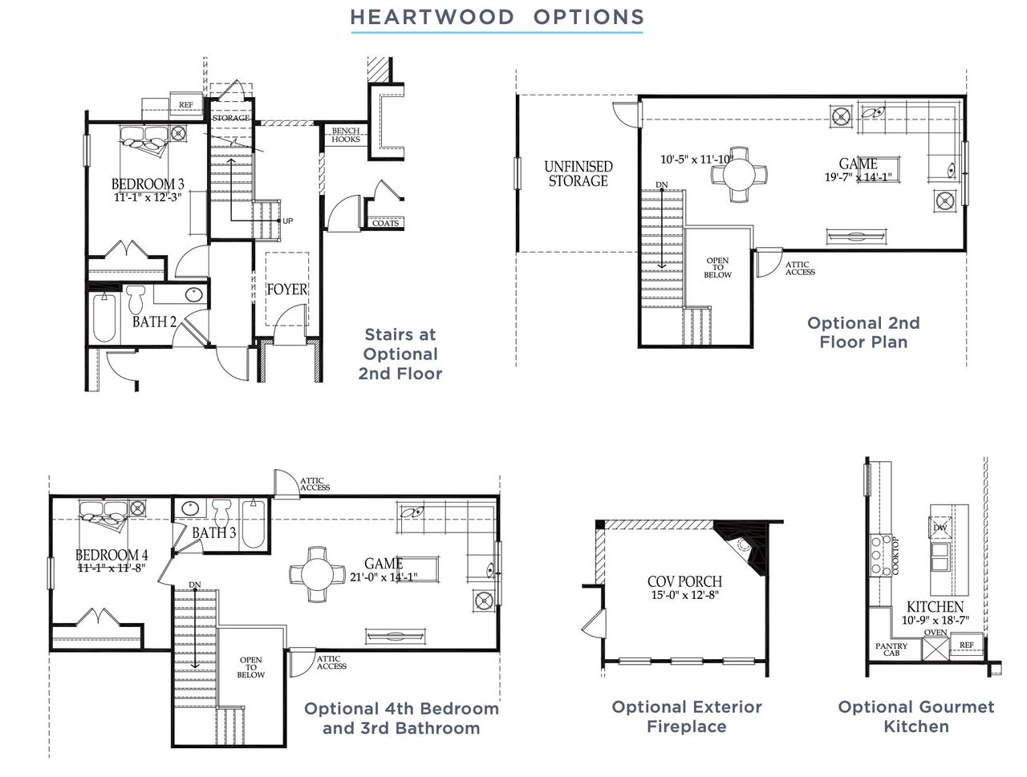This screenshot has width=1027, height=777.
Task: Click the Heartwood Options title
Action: (x=497, y=18)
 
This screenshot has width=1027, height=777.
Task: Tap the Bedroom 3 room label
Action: (x=148, y=184)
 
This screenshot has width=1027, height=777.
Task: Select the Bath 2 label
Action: (x=154, y=322)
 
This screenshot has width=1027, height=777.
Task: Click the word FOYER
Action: (x=287, y=289)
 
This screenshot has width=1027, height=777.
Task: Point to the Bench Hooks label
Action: (x=346, y=135)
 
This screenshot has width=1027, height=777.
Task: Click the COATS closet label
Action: (x=386, y=223)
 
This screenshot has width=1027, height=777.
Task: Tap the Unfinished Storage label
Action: (x=578, y=173)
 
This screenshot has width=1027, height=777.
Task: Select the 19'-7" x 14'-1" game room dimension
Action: (x=858, y=177)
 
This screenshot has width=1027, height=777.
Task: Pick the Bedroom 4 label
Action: (x=112, y=555)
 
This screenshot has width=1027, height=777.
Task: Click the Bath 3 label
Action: (x=213, y=532)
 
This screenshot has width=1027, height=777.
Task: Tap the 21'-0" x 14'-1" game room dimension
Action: (x=384, y=577)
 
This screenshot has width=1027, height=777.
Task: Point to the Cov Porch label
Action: (x=684, y=581)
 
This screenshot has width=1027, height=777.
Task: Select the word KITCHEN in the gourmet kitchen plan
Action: (x=935, y=607)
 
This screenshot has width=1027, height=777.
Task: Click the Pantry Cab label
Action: (x=891, y=650)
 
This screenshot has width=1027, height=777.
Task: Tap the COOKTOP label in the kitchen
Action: (x=895, y=555)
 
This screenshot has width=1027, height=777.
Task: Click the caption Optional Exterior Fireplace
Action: (x=687, y=717)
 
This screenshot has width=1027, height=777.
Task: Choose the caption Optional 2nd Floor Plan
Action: (x=863, y=332)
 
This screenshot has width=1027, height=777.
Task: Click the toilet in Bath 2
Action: (x=136, y=299)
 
